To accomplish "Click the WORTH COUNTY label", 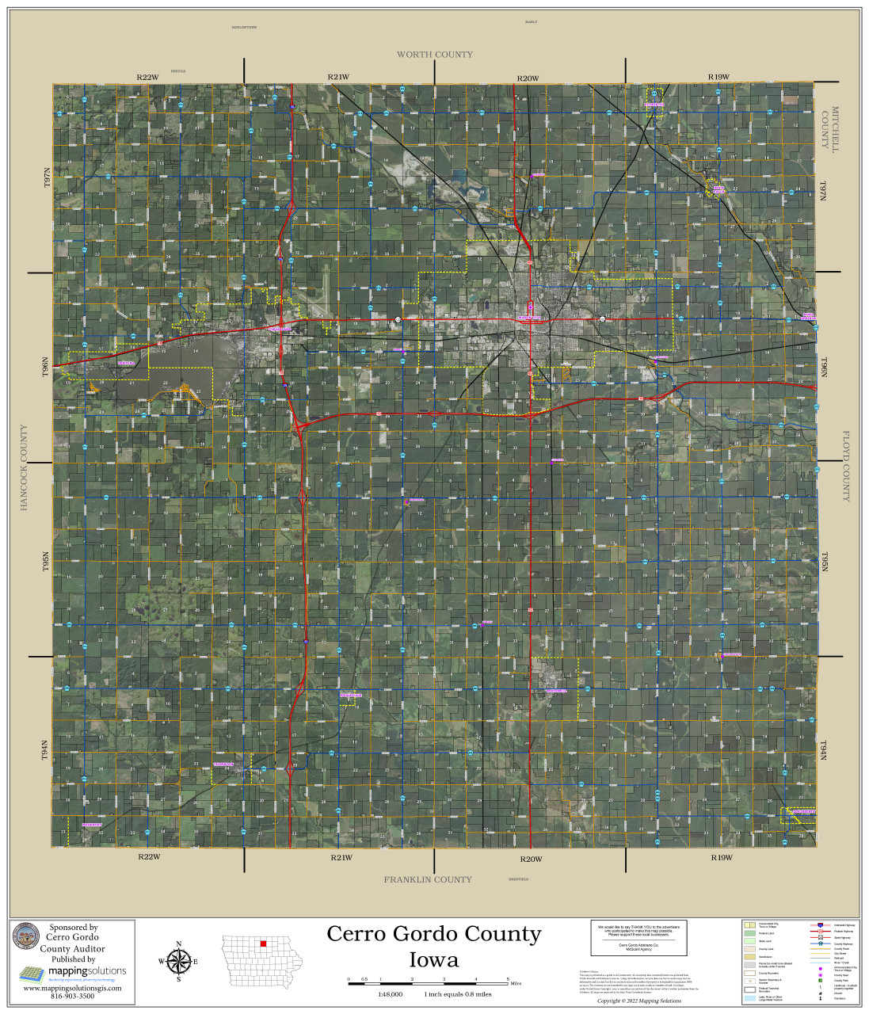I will tap(434, 55).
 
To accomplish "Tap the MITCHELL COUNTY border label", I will tap(829, 128).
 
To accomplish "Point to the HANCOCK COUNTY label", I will tap(24, 467).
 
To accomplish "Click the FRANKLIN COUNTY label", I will tap(428, 879).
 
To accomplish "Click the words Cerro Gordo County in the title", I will tap(433, 934).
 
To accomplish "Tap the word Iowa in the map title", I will tap(433, 960).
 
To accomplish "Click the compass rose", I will tap(178, 962).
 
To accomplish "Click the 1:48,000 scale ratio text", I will tap(390, 994).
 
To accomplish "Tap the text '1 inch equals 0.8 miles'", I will tap(458, 994).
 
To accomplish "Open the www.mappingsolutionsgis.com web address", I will tap(72, 988).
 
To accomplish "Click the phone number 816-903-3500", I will tap(72, 996).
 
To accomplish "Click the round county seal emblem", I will tap(26, 937).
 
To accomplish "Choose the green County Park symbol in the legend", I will tap(821, 981).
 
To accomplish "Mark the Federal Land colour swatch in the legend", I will tap(749, 934).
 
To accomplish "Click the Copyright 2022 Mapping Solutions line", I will tap(638, 1001).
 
